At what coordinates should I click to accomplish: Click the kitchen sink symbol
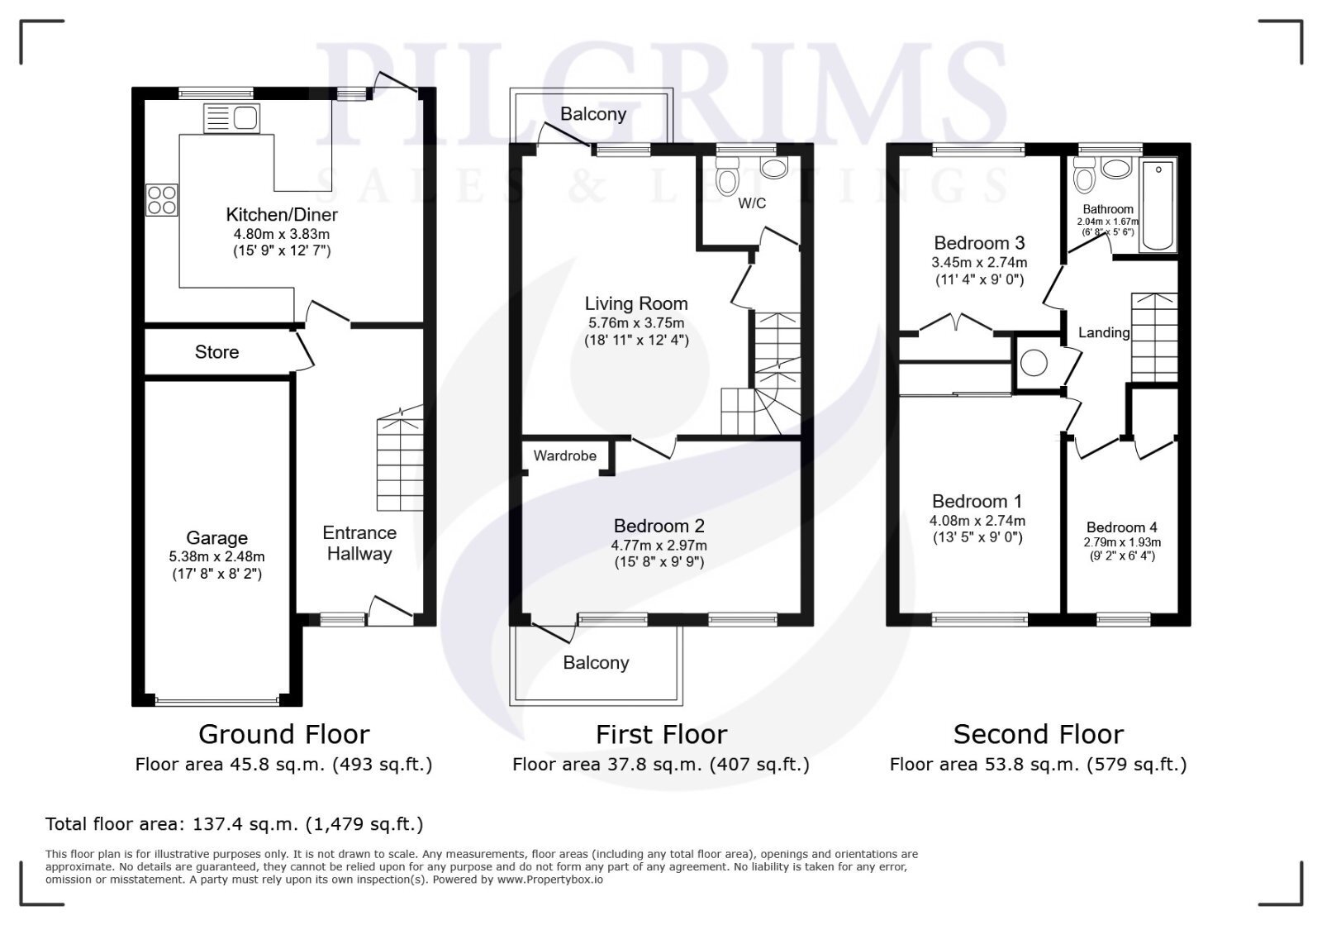(x=231, y=118)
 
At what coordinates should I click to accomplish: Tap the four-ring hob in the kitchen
(x=162, y=199)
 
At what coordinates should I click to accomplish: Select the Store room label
(x=216, y=352)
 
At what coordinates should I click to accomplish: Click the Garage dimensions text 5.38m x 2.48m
(x=216, y=556)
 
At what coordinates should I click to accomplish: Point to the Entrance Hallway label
(x=359, y=543)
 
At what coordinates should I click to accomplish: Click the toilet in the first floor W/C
(x=726, y=174)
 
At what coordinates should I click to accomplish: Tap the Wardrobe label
(x=565, y=455)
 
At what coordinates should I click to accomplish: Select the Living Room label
(x=636, y=303)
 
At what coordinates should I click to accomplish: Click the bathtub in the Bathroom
(x=1158, y=204)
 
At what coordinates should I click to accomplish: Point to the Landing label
(x=1104, y=332)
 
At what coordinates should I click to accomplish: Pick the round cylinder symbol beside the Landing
(x=1034, y=363)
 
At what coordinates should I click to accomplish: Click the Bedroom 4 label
(x=1122, y=527)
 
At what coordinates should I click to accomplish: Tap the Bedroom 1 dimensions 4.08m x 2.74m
(x=977, y=521)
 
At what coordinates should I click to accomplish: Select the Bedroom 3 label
(x=979, y=242)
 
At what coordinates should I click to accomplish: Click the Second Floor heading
(x=1039, y=734)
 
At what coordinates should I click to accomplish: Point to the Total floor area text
(x=235, y=824)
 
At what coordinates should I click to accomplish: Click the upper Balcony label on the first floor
(x=593, y=114)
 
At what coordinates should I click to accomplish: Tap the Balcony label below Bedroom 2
(x=596, y=663)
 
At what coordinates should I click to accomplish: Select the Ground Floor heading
(x=284, y=734)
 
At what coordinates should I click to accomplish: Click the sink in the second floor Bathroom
(x=1116, y=169)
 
